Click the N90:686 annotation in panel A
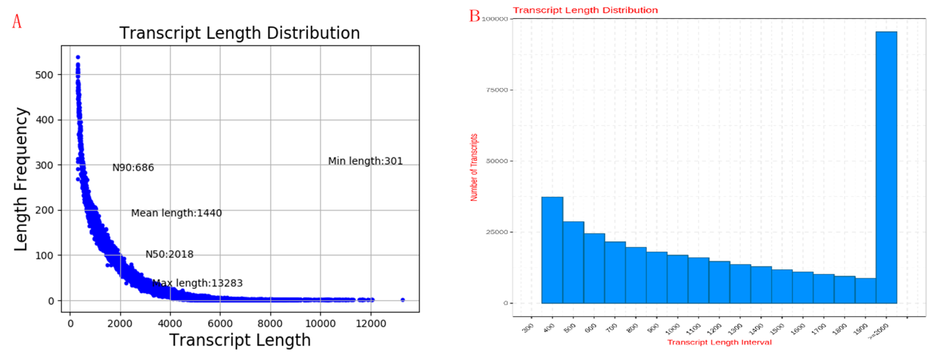133,168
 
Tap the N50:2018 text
169,254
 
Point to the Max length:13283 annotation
197,283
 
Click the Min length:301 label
365,161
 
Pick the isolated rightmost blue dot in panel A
402,300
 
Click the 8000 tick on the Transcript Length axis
270,323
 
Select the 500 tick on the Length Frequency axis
44,75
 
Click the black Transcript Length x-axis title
240,340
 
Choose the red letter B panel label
474,16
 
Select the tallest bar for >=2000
886,167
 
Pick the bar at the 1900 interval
865,290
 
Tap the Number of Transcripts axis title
474,167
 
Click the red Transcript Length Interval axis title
719,342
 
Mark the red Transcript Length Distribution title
585,10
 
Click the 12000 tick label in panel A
370,323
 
